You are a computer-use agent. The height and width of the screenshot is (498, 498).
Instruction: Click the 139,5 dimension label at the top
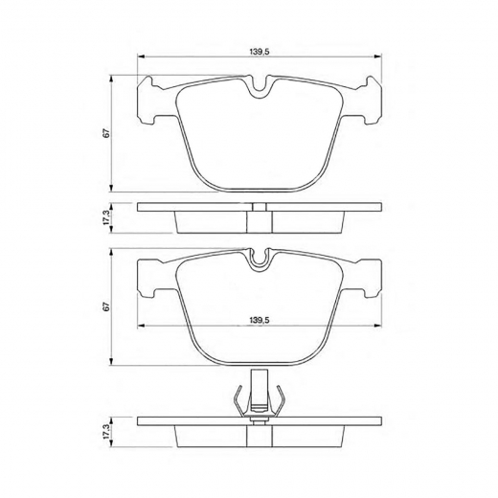(x=260, y=52)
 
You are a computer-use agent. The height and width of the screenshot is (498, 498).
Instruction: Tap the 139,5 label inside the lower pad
(x=260, y=320)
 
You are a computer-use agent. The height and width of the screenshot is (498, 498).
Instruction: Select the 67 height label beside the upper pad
(x=107, y=133)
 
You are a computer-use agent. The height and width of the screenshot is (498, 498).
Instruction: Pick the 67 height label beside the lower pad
(x=107, y=306)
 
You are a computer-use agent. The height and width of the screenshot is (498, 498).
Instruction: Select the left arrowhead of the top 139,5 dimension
(x=142, y=57)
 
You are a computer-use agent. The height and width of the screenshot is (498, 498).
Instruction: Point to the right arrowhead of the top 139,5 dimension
(x=378, y=57)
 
